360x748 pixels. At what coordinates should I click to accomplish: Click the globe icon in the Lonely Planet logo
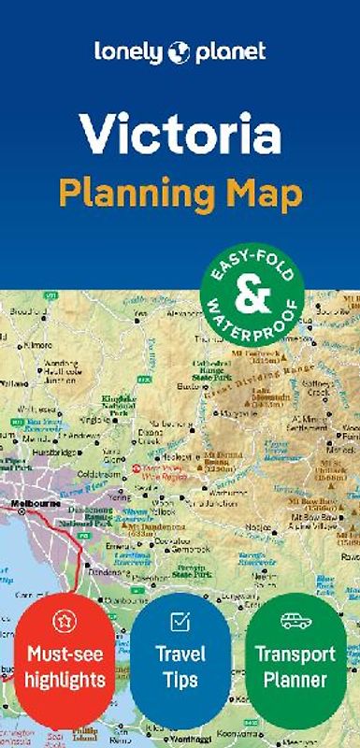point(180,52)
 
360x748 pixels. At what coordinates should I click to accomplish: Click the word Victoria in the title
point(180,134)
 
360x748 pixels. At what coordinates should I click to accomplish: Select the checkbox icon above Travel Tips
point(180,621)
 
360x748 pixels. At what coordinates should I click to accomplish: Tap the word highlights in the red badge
point(65,678)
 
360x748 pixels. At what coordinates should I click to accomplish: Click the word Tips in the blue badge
point(180,678)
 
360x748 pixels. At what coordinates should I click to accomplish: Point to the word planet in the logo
point(230,52)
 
